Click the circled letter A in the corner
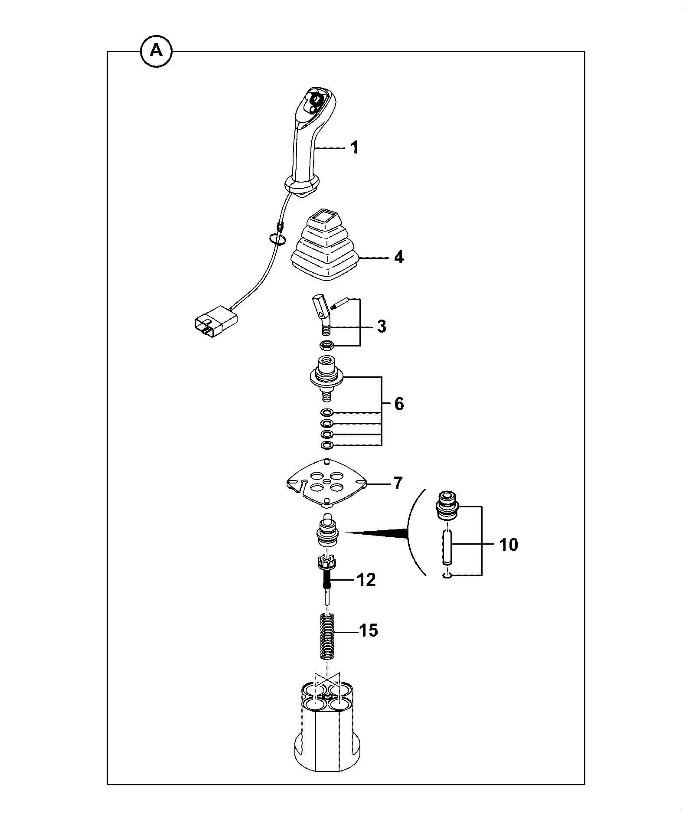(156, 51)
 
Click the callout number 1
(355, 148)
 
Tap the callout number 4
(398, 257)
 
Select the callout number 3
(382, 327)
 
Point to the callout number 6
(399, 404)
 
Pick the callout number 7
(398, 483)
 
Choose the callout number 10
(509, 545)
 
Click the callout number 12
(366, 580)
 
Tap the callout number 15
(369, 631)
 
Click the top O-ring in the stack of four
(327, 412)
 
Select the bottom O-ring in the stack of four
(327, 445)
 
